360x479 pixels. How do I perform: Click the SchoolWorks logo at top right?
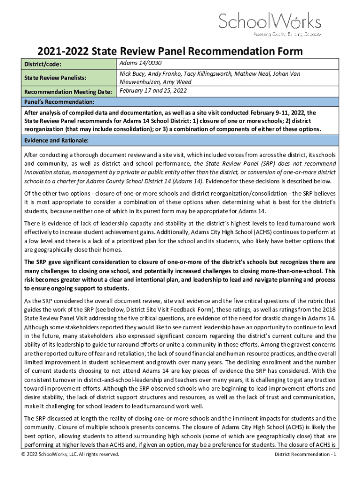pos(270,23)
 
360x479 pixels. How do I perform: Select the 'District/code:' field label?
pos(43,65)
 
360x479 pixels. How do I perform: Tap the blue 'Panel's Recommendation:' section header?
pos(60,102)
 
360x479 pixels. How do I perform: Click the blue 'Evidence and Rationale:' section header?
pos(56,140)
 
